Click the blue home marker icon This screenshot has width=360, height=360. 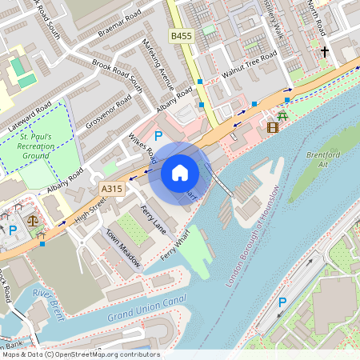[x=180, y=172]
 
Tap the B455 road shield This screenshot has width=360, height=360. [x=182, y=36]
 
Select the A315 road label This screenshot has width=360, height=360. [x=113, y=188]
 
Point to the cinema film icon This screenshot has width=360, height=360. [x=274, y=126]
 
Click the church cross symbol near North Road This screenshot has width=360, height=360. [x=324, y=52]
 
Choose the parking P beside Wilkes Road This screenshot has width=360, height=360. [x=158, y=137]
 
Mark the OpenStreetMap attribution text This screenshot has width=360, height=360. [x=80, y=354]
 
